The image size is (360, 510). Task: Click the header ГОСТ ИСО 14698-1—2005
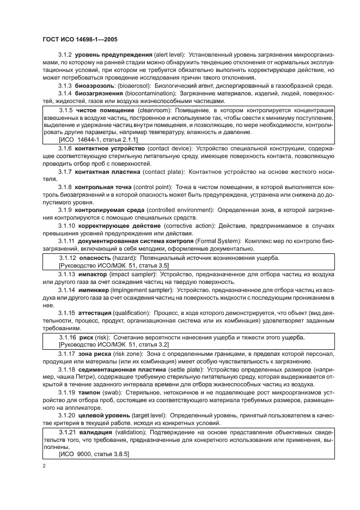[79, 39]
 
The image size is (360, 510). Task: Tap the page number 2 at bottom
[44, 466]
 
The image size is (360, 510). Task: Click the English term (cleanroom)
[156, 111]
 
